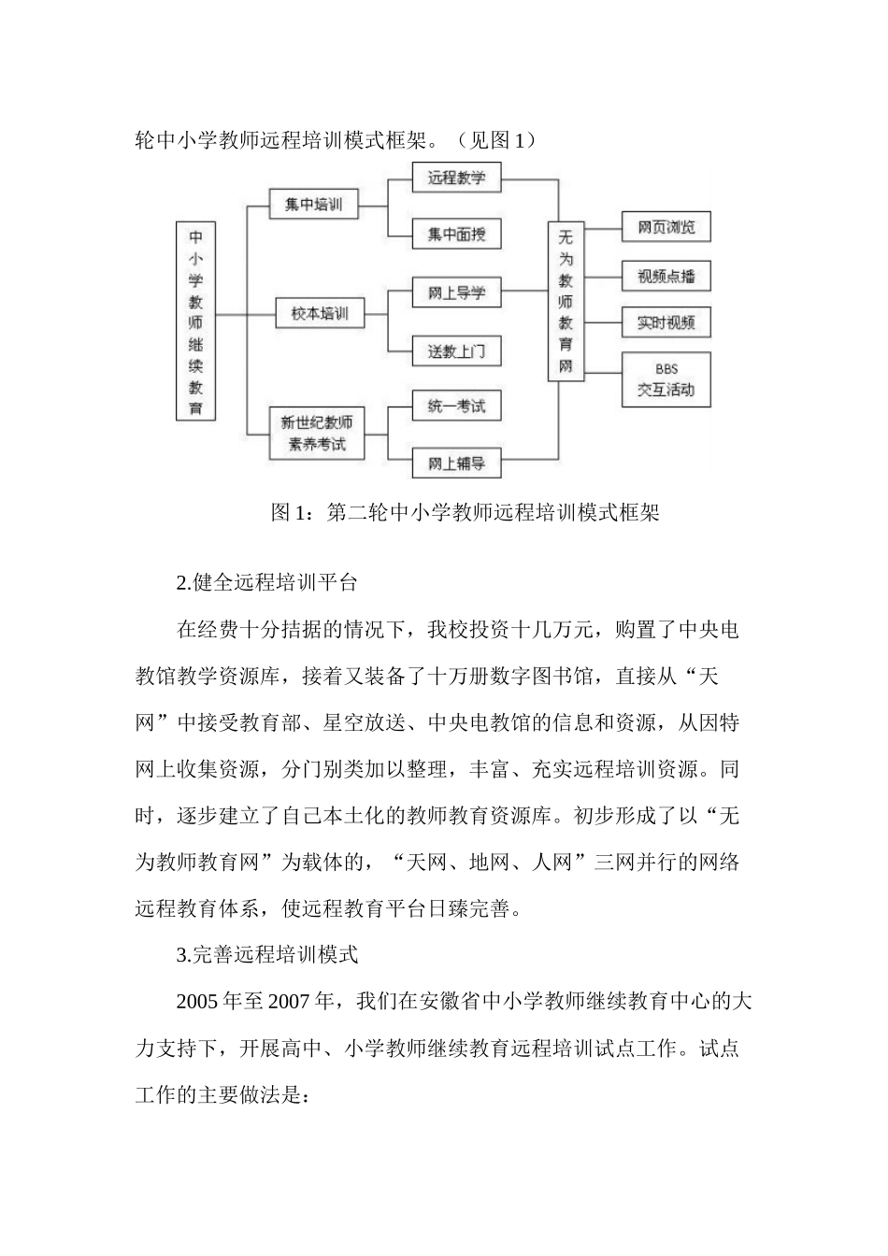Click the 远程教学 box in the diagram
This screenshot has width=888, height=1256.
tap(456, 178)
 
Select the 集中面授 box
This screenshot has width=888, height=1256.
tap(456, 234)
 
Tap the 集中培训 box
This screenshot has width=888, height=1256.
tap(313, 205)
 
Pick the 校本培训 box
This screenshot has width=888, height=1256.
tap(319, 314)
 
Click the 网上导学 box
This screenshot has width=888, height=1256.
tap(456, 293)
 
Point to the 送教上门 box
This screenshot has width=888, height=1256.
tap(456, 350)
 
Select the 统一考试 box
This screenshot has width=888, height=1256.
tap(456, 406)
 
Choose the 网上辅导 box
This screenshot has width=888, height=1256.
tap(456, 464)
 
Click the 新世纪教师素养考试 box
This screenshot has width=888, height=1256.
tap(312, 434)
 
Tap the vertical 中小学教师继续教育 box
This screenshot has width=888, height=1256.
tap(195, 321)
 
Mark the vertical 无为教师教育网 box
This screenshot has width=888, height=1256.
tap(566, 302)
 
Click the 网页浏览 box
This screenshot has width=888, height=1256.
tap(666, 227)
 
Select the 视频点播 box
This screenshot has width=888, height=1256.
tap(666, 277)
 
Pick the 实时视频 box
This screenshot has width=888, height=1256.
tap(666, 322)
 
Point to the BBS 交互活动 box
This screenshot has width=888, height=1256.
tap(666, 379)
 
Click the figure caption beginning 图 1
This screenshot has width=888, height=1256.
tap(465, 512)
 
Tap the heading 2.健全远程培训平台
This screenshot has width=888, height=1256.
tap(266, 582)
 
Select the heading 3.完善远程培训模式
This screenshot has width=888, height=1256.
tap(266, 955)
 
